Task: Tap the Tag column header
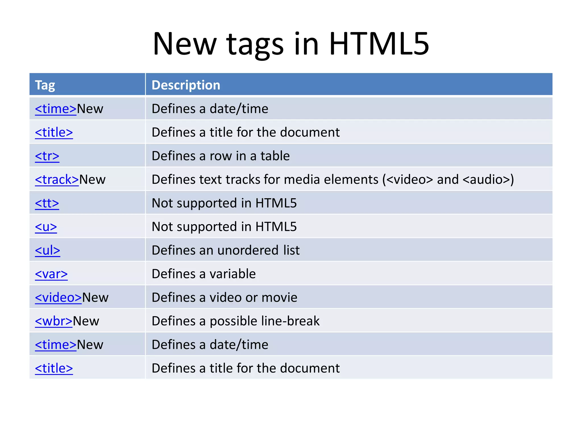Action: (x=45, y=85)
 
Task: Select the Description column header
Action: (x=186, y=85)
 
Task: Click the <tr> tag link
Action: (x=47, y=156)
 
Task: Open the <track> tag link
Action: (x=57, y=180)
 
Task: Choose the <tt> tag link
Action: (x=47, y=203)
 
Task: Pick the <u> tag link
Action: (x=46, y=227)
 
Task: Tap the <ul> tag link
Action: (x=47, y=250)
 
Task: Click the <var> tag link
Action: (x=51, y=274)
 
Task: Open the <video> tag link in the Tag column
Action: (x=58, y=297)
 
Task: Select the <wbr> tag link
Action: (x=54, y=321)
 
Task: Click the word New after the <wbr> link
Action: (x=86, y=321)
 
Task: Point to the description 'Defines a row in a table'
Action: (x=221, y=156)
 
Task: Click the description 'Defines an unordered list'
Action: (x=226, y=250)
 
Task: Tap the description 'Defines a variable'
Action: (x=204, y=274)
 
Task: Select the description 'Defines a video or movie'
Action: (x=225, y=297)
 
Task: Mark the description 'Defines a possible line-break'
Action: (x=236, y=321)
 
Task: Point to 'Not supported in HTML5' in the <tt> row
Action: (x=224, y=203)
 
